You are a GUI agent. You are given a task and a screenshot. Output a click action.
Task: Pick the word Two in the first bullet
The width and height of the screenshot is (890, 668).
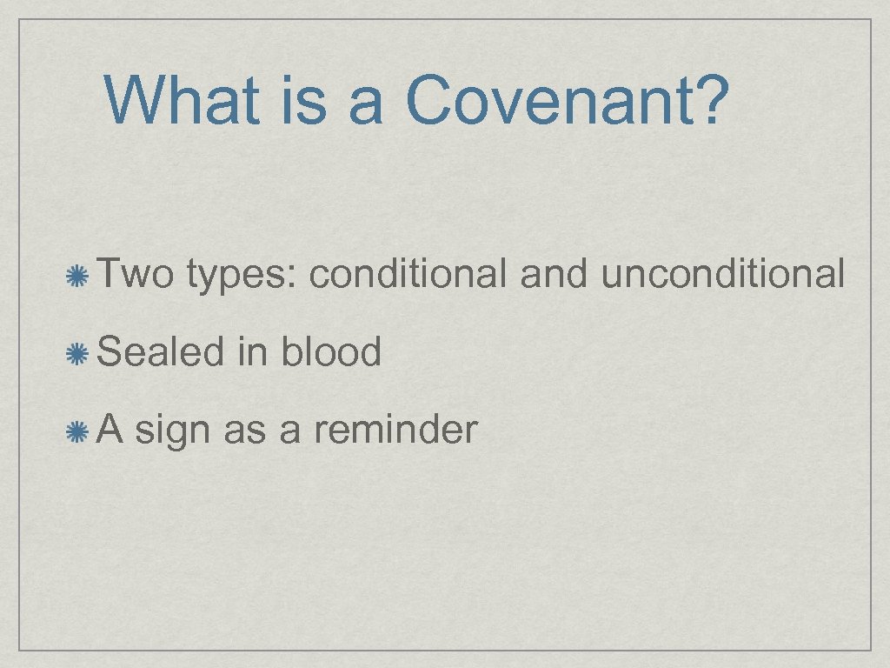(x=134, y=274)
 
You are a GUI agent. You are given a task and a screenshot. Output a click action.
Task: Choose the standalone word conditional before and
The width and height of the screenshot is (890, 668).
(x=408, y=274)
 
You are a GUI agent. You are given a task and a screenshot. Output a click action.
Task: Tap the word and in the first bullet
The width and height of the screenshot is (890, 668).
(x=554, y=274)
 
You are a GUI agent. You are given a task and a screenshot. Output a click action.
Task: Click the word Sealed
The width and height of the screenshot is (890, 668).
(x=160, y=351)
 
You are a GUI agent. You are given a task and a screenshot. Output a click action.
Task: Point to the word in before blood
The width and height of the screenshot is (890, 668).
(x=251, y=351)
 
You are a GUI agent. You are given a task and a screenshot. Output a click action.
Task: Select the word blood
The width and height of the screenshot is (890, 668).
(x=330, y=351)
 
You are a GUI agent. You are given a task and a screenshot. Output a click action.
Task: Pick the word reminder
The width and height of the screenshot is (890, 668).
(x=395, y=429)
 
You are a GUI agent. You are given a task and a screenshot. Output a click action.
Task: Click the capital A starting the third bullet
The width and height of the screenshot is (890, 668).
(x=110, y=429)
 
